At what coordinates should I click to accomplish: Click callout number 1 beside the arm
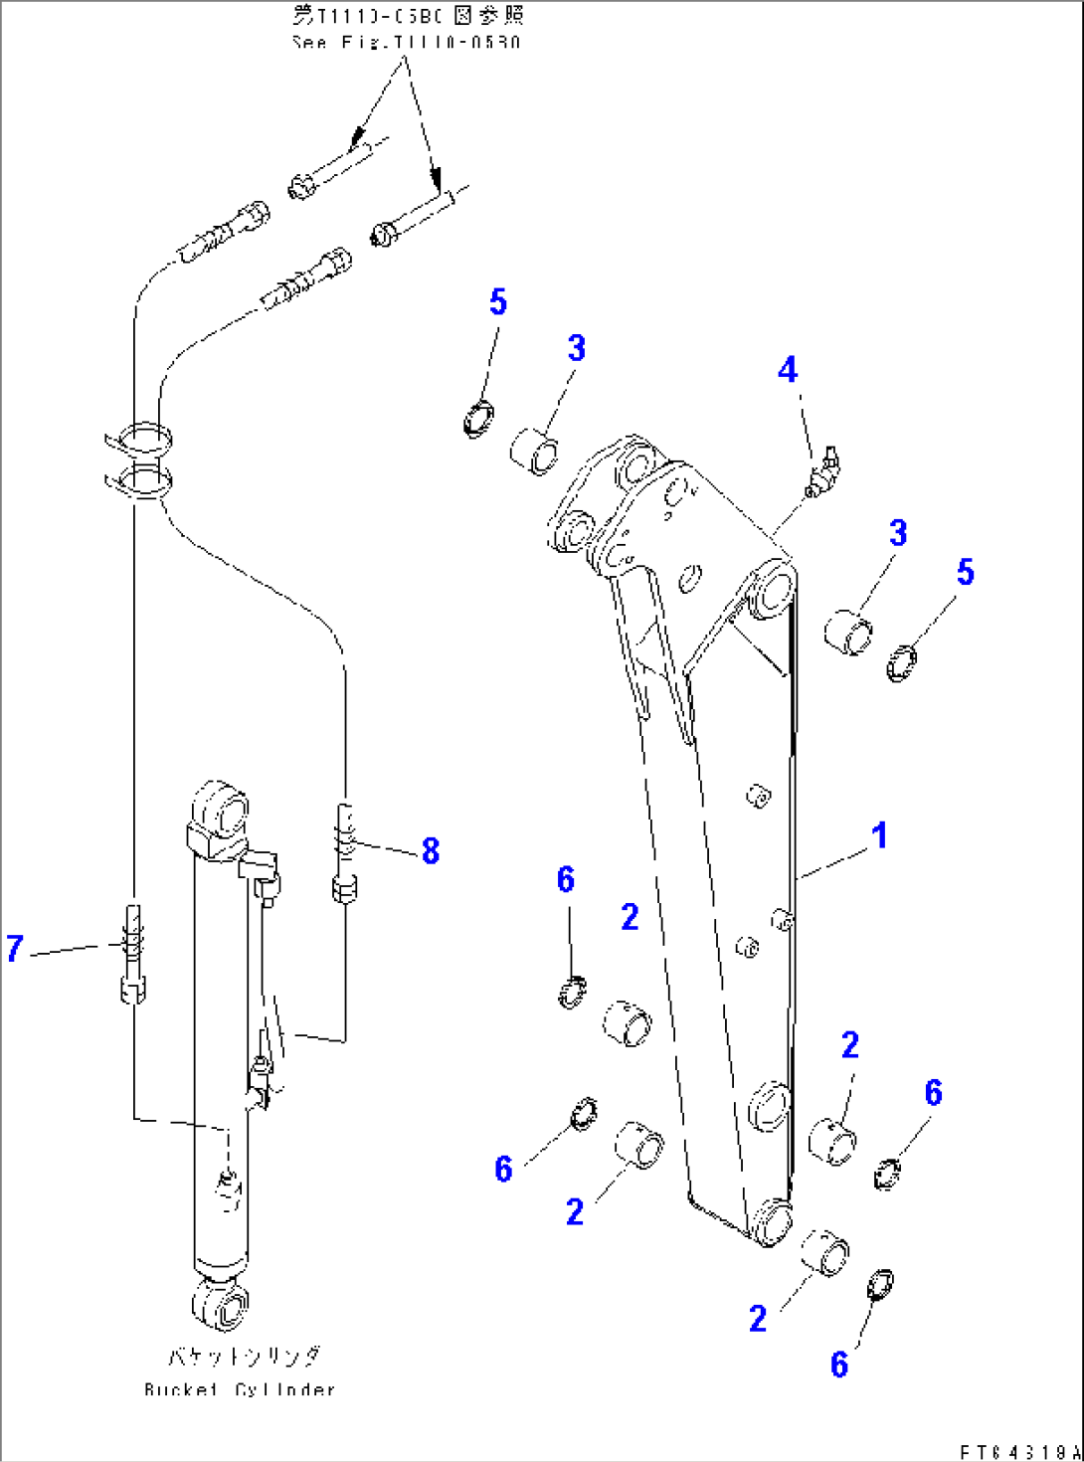click(x=879, y=835)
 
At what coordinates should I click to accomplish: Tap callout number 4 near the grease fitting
click(x=788, y=370)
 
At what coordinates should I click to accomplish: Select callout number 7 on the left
click(x=14, y=948)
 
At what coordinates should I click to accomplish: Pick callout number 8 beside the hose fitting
click(x=430, y=850)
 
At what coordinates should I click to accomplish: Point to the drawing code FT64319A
click(x=1019, y=1452)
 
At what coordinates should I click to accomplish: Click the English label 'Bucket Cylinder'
click(x=240, y=1389)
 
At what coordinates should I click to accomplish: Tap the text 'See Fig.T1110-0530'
click(x=406, y=43)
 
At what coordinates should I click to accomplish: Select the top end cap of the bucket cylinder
click(x=218, y=806)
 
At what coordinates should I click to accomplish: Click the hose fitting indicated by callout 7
click(x=132, y=955)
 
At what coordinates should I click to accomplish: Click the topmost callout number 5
click(x=498, y=302)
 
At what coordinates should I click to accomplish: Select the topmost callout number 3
click(x=577, y=348)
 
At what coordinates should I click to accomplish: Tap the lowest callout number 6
click(x=839, y=1365)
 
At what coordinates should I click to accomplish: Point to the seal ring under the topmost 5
click(x=478, y=418)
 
